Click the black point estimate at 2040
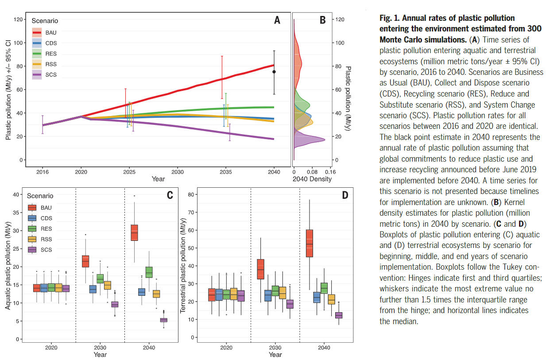(x=274, y=72)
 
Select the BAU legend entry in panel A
(x=44, y=33)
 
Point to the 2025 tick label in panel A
(x=129, y=171)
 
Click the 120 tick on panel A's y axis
(x=19, y=19)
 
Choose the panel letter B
(x=322, y=20)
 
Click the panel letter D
(x=345, y=195)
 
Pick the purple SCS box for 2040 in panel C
(x=163, y=320)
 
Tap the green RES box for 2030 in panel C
(x=100, y=279)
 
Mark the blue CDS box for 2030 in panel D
(x=267, y=295)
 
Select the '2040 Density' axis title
(x=312, y=179)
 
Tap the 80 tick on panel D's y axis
(x=191, y=194)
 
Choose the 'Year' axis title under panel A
(x=158, y=179)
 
